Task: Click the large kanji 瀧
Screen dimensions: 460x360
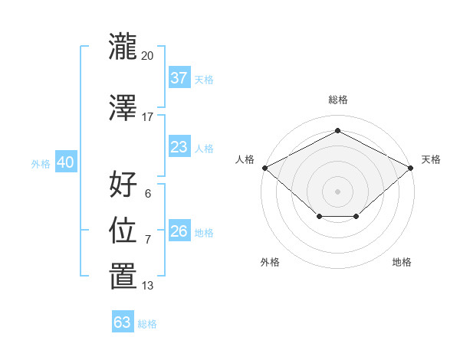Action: tap(123, 46)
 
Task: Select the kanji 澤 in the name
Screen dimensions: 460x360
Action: tap(123, 107)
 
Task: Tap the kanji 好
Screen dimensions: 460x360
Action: tap(123, 184)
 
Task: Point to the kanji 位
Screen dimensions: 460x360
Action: tap(123, 230)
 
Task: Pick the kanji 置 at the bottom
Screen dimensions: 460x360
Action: tap(123, 276)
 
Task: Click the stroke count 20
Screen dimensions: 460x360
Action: tap(147, 56)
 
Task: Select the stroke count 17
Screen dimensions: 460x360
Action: tap(147, 117)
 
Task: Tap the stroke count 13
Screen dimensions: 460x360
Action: tap(147, 286)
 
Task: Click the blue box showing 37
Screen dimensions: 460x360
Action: tap(179, 77)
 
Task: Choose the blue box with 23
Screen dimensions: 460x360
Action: tap(179, 146)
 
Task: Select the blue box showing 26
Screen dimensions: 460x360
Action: tap(179, 230)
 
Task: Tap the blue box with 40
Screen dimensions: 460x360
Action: tap(66, 162)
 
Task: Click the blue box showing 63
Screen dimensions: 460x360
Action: tap(123, 321)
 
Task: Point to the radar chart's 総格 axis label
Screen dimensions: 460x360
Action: tap(338, 100)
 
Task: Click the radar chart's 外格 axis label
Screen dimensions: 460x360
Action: tap(270, 262)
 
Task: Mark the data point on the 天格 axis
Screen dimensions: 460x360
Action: tap(411, 168)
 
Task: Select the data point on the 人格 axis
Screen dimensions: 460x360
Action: tap(265, 168)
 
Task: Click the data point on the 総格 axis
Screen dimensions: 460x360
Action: tap(337, 130)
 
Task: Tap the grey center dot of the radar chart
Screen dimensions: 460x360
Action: tap(337, 191)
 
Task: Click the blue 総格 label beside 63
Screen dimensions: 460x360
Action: tap(147, 324)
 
